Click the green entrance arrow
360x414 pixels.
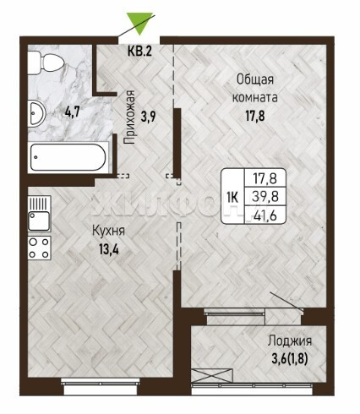(139, 23)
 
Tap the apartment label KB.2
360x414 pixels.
(139, 52)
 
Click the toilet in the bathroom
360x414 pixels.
(46, 63)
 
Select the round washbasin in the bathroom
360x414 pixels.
(36, 113)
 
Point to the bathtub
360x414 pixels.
(68, 157)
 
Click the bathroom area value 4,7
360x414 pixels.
(73, 112)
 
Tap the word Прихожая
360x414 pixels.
(129, 117)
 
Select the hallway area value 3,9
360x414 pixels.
(149, 116)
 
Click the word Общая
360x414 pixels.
(255, 79)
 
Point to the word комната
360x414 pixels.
(254, 97)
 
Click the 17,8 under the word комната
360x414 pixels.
(255, 116)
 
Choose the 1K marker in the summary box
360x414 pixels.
(232, 197)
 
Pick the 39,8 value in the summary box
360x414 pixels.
(265, 196)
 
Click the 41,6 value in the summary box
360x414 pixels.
(265, 215)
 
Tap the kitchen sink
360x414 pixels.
(40, 214)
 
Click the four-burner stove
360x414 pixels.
(40, 248)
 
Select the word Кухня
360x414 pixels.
(109, 232)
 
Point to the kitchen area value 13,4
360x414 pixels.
(109, 249)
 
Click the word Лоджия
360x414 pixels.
(290, 341)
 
